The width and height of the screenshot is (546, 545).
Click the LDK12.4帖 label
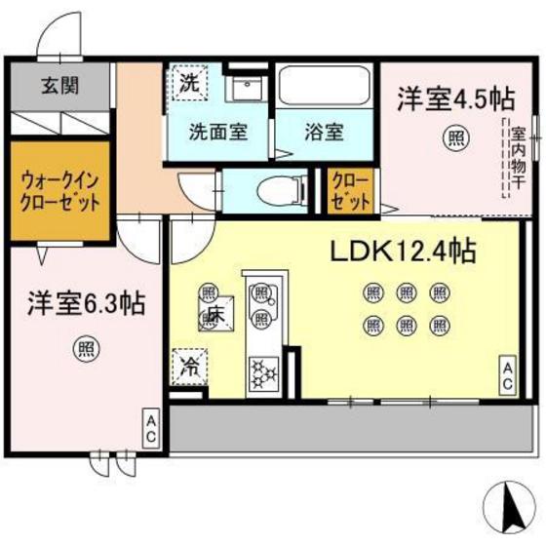click(401, 253)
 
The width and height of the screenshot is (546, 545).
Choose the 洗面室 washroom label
click(216, 131)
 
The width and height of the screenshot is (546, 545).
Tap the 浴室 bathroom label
click(319, 131)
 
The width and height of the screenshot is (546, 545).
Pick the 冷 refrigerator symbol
click(189, 369)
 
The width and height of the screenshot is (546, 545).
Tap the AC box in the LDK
click(509, 373)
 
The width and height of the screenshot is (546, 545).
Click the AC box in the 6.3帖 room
click(151, 430)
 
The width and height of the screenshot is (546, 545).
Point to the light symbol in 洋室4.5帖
click(454, 136)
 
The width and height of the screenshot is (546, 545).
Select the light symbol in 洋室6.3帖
click(87, 346)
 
